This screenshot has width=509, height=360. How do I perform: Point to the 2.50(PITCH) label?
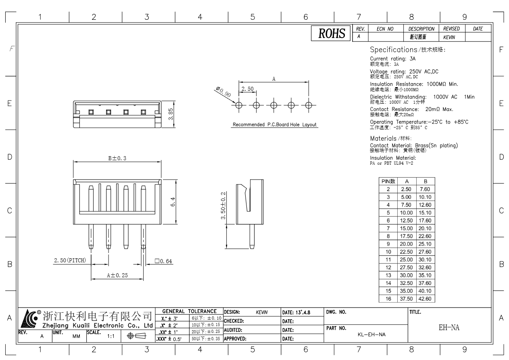[70, 261]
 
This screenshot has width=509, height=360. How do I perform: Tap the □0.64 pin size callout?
[163, 261]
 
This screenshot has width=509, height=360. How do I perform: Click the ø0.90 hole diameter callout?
[222, 92]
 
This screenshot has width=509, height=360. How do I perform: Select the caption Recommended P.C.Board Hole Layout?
[274, 125]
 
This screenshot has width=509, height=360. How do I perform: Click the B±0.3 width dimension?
[117, 158]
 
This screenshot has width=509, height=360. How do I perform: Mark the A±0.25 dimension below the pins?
[117, 275]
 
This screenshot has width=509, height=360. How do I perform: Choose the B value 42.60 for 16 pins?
[426, 299]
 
